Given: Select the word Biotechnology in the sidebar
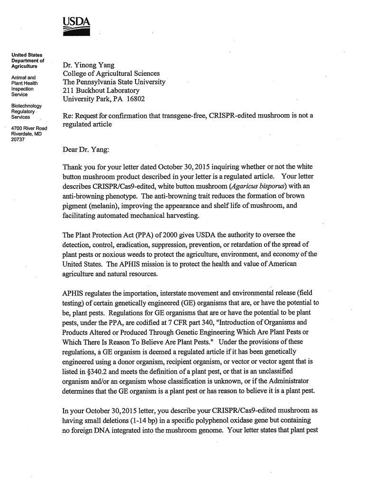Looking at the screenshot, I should pos(27,106).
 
